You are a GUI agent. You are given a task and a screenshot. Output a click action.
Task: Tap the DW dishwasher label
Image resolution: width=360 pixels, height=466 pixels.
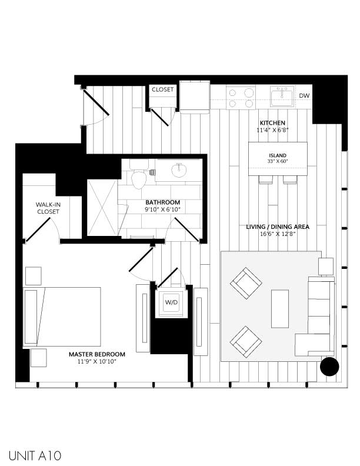pyautogui.click(x=304, y=95)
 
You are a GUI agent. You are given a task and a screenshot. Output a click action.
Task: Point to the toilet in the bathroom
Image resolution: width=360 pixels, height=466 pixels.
pyautogui.click(x=139, y=176)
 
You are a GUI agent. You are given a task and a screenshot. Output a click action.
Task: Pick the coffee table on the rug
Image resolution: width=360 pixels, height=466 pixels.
pyautogui.click(x=279, y=309)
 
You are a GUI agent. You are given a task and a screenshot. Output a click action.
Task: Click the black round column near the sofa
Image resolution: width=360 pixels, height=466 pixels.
pyautogui.click(x=329, y=367)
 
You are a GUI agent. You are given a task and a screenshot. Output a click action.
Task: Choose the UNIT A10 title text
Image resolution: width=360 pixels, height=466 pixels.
pyautogui.click(x=35, y=455)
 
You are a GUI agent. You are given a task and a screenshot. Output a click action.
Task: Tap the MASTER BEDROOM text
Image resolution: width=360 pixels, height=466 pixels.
pyautogui.click(x=97, y=354)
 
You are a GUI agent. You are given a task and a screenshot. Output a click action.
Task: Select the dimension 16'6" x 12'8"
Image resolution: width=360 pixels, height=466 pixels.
pyautogui.click(x=277, y=234)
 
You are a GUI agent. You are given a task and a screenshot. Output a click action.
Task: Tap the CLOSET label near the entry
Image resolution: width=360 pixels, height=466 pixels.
pyautogui.click(x=162, y=89)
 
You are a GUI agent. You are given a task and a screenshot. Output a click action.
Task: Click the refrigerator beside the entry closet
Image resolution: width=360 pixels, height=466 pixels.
pyautogui.click(x=195, y=97)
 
